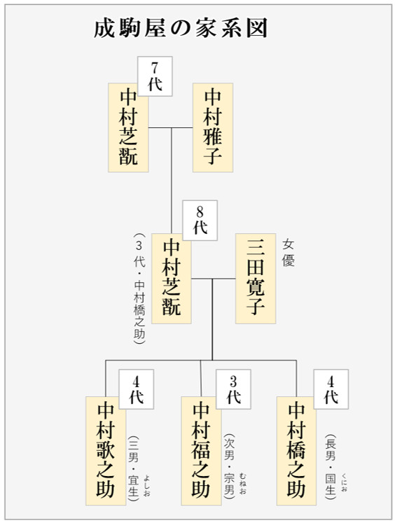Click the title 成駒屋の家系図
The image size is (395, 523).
(x=181, y=28)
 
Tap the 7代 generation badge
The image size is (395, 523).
(x=155, y=76)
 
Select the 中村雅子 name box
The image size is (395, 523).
(x=213, y=127)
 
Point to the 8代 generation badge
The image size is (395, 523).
(x=200, y=220)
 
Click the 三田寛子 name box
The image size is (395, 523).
(x=256, y=279)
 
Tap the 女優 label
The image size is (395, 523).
(x=289, y=253)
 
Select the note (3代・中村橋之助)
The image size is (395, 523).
(x=140, y=289)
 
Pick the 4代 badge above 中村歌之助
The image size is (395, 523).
(x=136, y=389)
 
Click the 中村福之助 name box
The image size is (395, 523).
(x=201, y=451)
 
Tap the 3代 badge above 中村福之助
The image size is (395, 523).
(x=233, y=389)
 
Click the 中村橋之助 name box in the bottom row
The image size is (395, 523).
(x=296, y=451)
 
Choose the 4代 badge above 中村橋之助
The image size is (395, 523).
(x=331, y=389)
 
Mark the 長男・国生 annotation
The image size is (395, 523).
(x=331, y=466)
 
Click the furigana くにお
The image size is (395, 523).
(x=345, y=482)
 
